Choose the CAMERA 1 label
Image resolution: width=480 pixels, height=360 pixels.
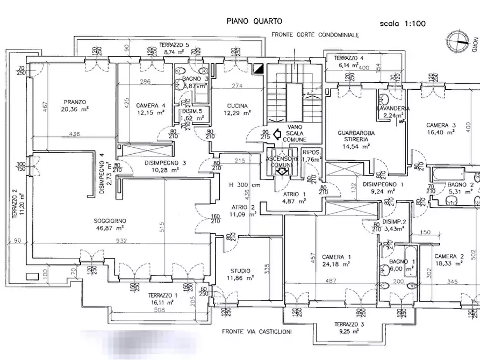pos(333,257)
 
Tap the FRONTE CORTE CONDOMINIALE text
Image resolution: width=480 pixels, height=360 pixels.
pos(315,35)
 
